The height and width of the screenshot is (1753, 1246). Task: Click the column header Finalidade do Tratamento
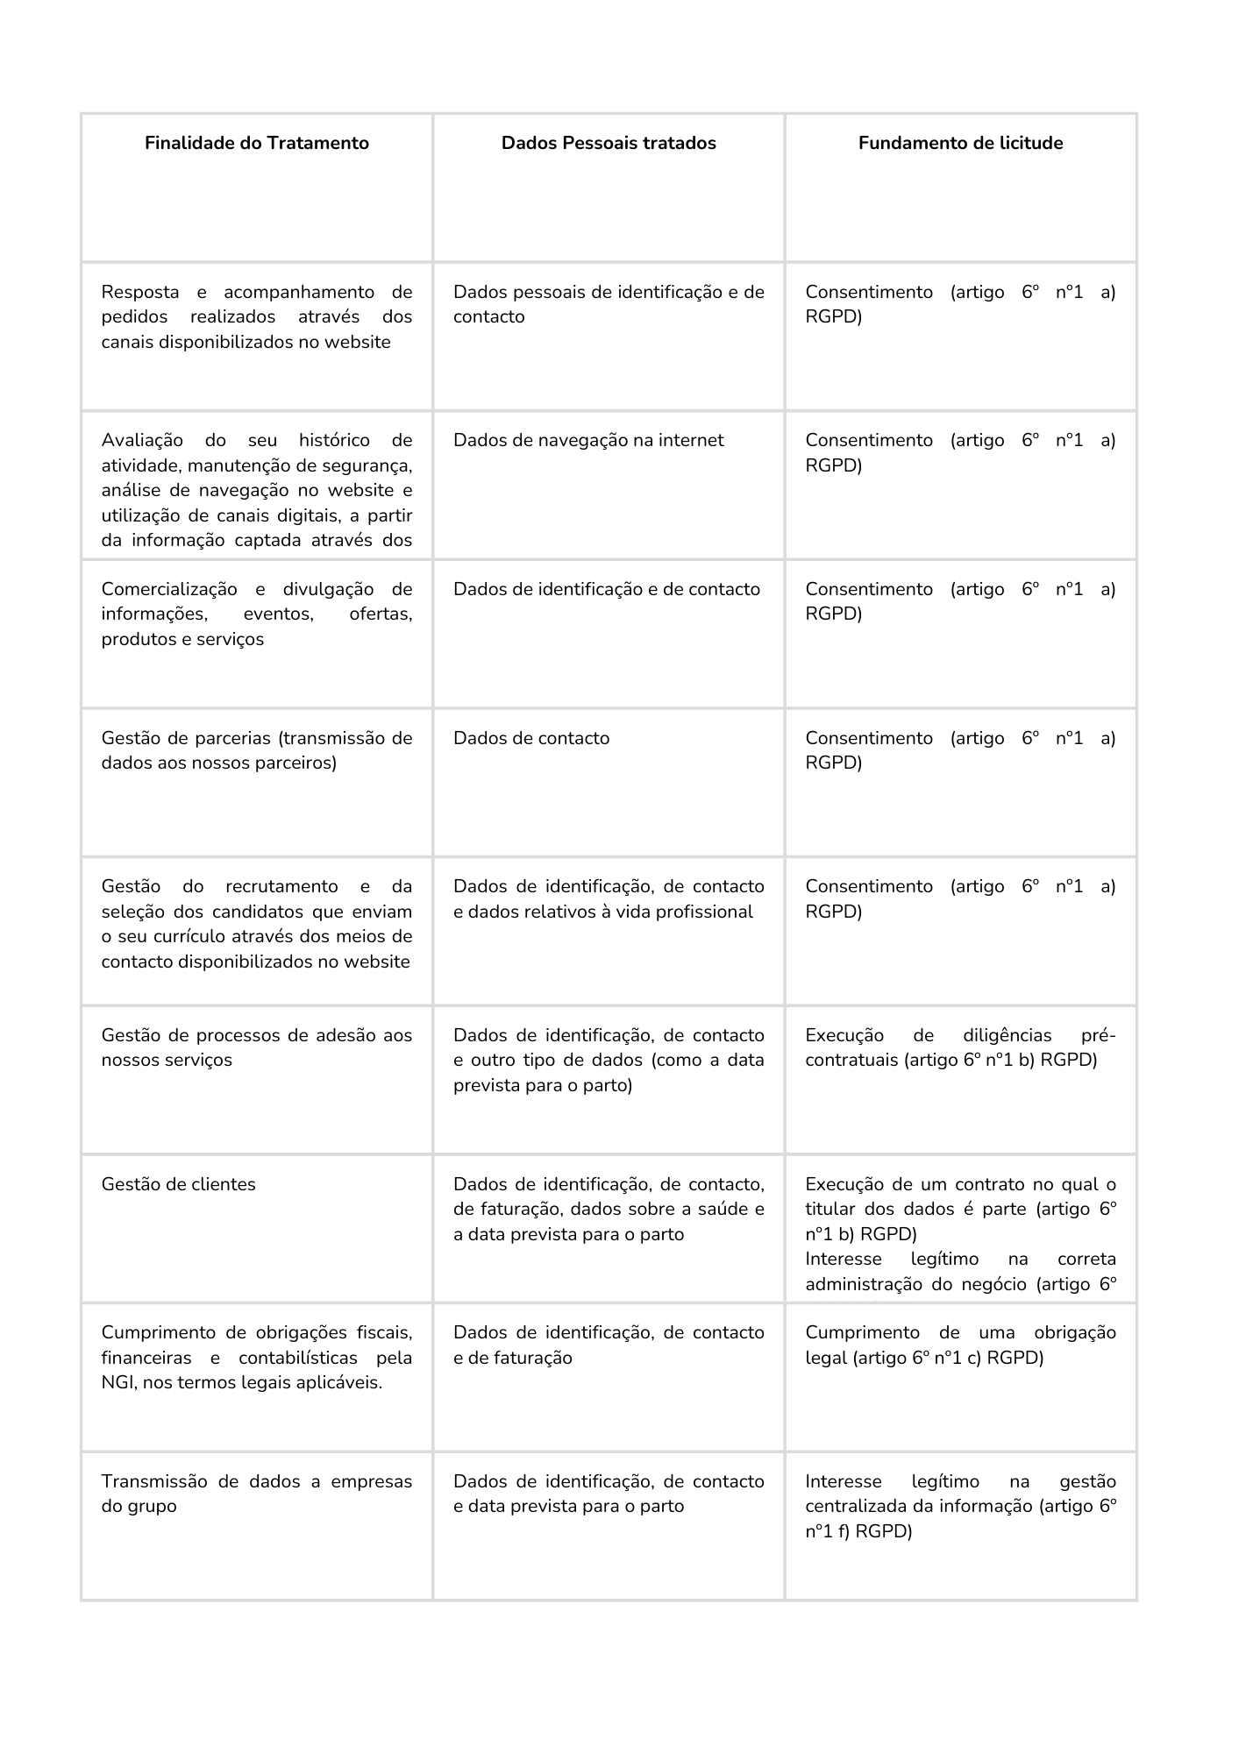[x=257, y=143]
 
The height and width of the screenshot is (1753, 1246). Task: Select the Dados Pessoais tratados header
[x=609, y=143]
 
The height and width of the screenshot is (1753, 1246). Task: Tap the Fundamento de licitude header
[x=960, y=143]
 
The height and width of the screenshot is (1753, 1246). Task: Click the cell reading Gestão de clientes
[x=179, y=1184]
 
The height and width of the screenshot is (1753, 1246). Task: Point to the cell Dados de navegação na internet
[x=588, y=440]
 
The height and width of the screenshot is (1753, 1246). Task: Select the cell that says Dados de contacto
[x=531, y=738]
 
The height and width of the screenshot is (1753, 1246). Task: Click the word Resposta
[x=140, y=292]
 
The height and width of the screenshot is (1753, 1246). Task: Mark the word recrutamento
[x=281, y=886]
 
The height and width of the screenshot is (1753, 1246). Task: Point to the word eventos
[x=277, y=614]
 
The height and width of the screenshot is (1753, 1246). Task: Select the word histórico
[x=334, y=440]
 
